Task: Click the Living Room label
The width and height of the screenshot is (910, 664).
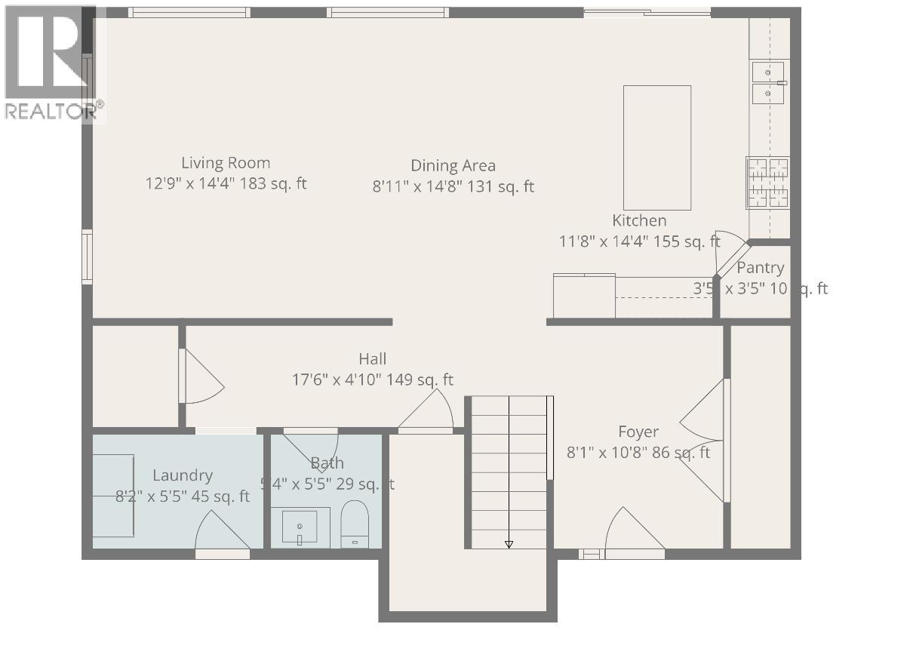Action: tap(226, 163)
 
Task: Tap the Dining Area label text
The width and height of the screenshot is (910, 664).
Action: tap(453, 166)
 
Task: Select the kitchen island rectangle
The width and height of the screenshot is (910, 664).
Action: tap(656, 147)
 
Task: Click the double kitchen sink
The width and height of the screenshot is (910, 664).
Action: tap(767, 82)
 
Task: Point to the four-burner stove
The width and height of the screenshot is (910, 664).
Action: tap(767, 182)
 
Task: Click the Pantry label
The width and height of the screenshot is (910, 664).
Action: tap(760, 268)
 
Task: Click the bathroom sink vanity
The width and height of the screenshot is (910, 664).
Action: tap(305, 527)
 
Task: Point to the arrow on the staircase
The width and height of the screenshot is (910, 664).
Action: tap(509, 543)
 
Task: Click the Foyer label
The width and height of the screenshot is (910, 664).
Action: tap(638, 432)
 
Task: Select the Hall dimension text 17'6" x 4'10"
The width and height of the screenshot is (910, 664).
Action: tap(373, 380)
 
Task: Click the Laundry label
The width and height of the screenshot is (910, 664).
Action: tap(183, 475)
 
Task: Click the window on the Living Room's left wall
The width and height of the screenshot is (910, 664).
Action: tap(88, 257)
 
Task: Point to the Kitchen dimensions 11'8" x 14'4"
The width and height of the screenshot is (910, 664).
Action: tap(639, 242)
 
